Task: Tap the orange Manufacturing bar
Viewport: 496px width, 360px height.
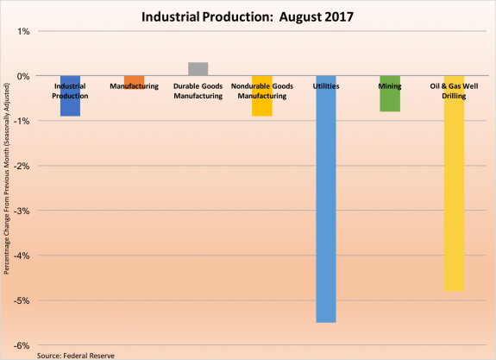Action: point(134,79)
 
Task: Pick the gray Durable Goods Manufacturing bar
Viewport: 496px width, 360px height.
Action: point(198,69)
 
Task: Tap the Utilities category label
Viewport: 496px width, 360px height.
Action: point(325,86)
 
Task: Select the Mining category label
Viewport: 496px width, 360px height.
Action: point(389,86)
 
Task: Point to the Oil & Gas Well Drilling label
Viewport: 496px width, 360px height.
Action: point(453,91)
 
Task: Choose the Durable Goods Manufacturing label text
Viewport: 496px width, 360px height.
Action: point(198,91)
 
